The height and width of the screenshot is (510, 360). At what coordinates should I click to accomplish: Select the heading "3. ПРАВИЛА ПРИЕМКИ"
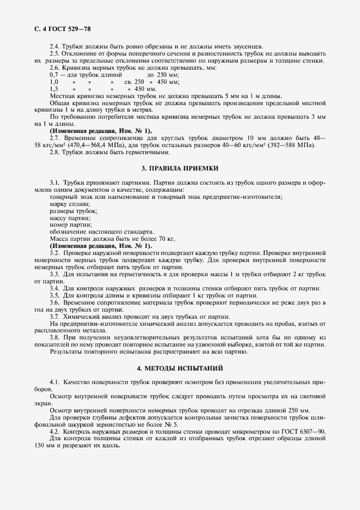coord(180,169)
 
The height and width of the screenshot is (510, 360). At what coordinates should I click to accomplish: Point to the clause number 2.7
coord(54,138)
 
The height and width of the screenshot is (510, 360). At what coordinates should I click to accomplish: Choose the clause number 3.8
coord(54,338)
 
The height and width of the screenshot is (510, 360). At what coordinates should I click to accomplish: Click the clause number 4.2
coord(54,432)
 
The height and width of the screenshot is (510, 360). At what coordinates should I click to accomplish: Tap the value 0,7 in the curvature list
coord(53,74)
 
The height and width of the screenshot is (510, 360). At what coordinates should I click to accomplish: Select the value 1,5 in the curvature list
coord(53,88)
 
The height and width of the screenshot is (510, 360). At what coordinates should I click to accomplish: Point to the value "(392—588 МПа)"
coord(299,145)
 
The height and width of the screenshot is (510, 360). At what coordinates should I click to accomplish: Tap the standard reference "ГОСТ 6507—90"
coord(302,432)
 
